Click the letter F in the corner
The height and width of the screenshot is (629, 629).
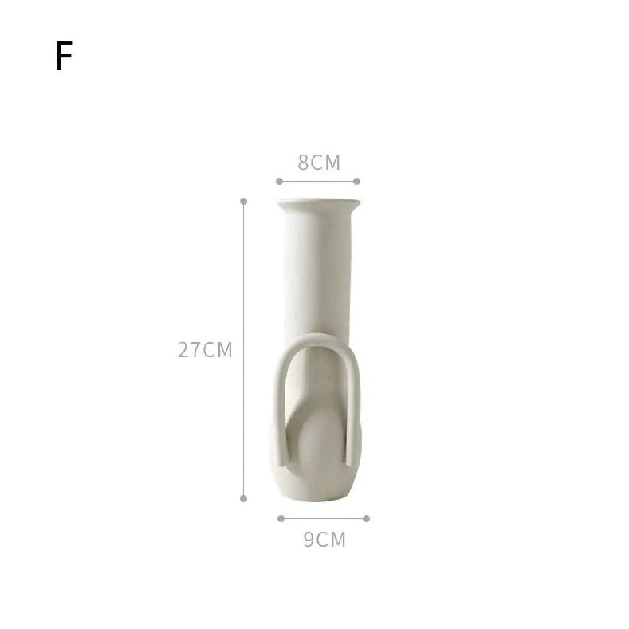[x=64, y=56]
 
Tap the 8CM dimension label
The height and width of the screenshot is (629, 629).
[x=319, y=163]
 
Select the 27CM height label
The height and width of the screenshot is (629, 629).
[x=205, y=350]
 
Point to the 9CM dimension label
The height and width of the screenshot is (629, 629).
[x=324, y=540]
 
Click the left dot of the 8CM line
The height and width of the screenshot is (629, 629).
[x=279, y=181]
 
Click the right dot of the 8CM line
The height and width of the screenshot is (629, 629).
[x=356, y=181]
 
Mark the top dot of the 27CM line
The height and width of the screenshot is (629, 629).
[x=243, y=201]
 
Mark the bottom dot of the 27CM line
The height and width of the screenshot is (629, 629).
[x=243, y=498]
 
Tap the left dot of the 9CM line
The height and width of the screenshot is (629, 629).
[x=281, y=518]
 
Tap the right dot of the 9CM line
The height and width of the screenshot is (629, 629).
[x=366, y=518]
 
